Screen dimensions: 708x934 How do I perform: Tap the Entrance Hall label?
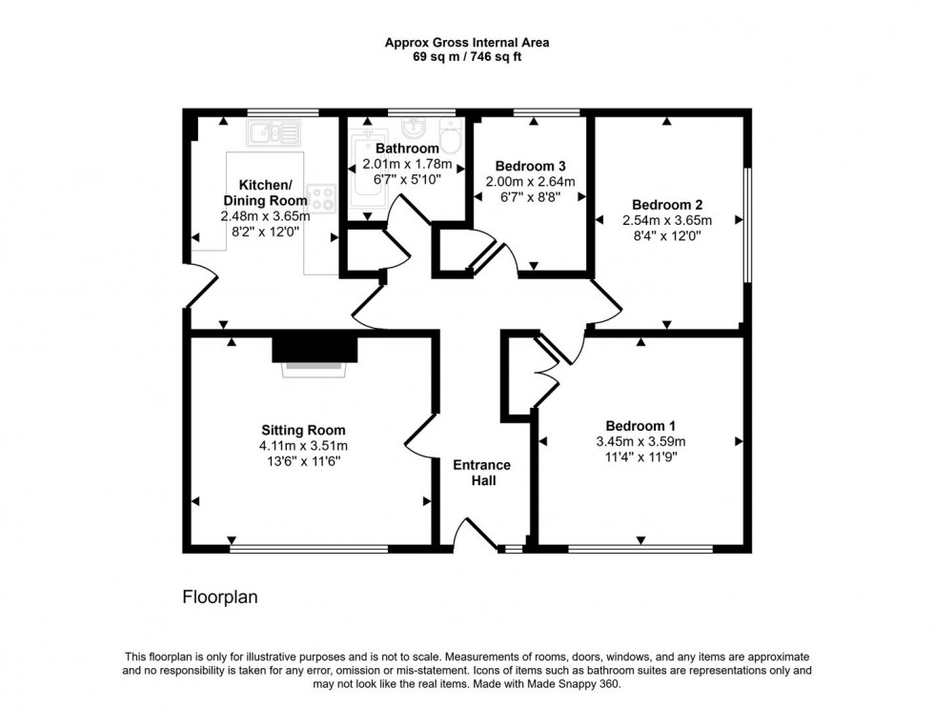coord(481,473)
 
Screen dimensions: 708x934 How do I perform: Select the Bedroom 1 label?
coord(640,425)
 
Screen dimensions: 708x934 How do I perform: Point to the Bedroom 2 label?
coord(667,205)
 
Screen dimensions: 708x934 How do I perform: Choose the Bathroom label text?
coord(407,149)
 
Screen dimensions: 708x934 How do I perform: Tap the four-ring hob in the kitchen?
coord(322,197)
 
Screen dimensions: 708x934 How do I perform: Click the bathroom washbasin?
coord(414,129)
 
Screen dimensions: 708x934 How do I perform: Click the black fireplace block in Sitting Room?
coord(315,349)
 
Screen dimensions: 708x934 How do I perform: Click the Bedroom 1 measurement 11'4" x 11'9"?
coord(640,456)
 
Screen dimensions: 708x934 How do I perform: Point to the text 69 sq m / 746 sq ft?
coord(466,57)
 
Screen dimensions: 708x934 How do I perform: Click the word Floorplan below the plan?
coord(220,597)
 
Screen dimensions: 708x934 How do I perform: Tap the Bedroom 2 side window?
coord(748,226)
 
